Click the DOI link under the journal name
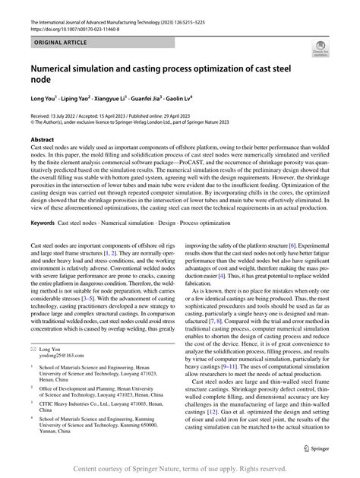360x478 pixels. (65, 16)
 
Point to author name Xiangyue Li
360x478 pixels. (144, 98)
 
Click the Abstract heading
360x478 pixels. (42, 139)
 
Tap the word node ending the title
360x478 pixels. (41, 78)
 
